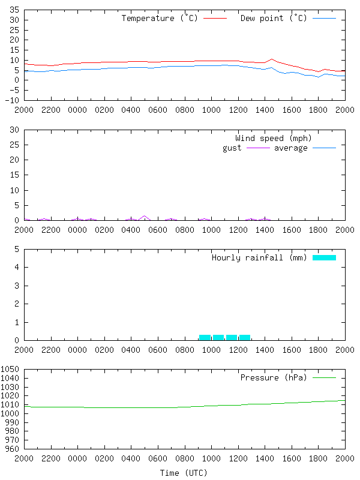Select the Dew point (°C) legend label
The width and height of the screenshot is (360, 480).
click(x=273, y=19)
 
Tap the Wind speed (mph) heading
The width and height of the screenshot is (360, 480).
click(x=274, y=139)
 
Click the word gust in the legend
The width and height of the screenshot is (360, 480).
click(x=232, y=148)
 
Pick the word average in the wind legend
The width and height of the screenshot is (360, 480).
click(x=290, y=148)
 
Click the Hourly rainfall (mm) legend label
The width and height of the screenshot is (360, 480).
click(x=259, y=258)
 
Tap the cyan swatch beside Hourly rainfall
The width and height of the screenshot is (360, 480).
click(x=324, y=257)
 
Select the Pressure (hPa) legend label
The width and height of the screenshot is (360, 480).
click(x=273, y=378)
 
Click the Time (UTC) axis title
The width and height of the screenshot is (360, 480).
click(x=184, y=473)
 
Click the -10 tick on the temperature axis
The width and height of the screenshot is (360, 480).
click(x=12, y=100)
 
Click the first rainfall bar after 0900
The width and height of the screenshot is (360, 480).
click(x=205, y=337)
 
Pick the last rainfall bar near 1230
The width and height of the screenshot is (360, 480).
click(x=245, y=337)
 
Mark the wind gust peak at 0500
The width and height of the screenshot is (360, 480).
click(x=144, y=216)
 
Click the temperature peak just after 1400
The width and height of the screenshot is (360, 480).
click(x=272, y=59)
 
